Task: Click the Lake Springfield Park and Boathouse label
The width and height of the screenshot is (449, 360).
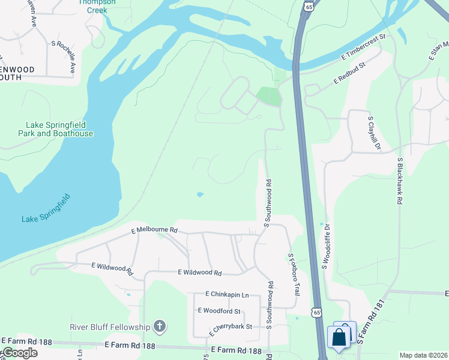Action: point(59,130)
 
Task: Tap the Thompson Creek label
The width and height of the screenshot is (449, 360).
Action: point(93,6)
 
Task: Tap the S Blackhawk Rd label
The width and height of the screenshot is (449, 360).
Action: point(399,181)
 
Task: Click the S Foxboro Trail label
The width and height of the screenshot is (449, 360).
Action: point(294,274)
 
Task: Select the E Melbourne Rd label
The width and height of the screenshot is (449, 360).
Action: point(155,230)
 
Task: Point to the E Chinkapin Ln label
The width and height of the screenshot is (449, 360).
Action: point(227,295)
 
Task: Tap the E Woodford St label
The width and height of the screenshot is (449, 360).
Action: point(219,311)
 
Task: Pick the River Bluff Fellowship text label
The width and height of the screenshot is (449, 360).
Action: point(110,327)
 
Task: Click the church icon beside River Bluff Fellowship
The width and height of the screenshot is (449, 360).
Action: point(160,326)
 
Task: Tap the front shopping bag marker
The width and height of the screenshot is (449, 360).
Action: point(339,337)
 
